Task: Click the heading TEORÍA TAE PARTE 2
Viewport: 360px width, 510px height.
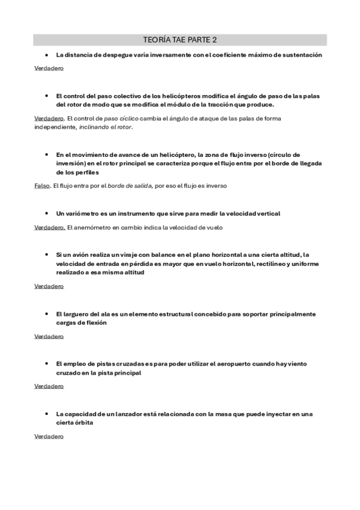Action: point(180,40)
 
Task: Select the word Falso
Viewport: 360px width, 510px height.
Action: point(42,186)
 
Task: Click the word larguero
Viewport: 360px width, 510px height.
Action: point(78,314)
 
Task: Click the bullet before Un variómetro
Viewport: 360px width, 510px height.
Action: point(46,214)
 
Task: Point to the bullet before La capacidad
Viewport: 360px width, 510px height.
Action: point(46,414)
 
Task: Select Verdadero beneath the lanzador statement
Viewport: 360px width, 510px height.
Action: point(49,437)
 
